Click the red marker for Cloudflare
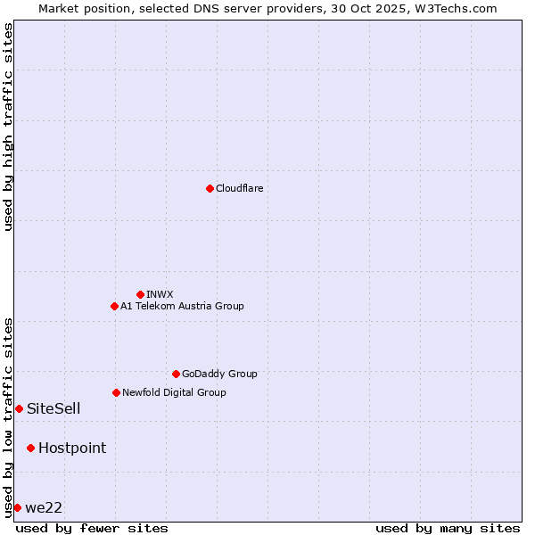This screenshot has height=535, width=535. click(x=210, y=188)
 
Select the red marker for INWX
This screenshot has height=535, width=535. click(x=140, y=294)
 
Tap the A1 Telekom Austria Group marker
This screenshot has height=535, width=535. click(x=114, y=306)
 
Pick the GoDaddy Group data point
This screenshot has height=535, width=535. click(x=176, y=374)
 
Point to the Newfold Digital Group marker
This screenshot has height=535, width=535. click(x=116, y=392)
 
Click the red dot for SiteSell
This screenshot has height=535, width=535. click(x=19, y=408)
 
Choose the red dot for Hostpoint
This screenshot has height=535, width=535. click(x=30, y=448)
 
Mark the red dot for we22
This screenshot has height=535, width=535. click(x=17, y=507)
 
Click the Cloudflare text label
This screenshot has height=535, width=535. click(x=240, y=188)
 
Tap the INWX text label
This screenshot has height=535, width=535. click(x=160, y=294)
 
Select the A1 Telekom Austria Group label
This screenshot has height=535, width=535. click(x=182, y=306)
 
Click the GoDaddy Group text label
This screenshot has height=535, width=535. click(x=219, y=374)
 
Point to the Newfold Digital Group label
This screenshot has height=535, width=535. click(x=174, y=392)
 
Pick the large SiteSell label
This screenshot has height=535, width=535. click(x=53, y=409)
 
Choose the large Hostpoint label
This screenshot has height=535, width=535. click(x=72, y=449)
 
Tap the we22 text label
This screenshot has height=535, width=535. click(x=44, y=508)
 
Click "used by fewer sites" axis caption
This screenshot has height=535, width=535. click(x=92, y=528)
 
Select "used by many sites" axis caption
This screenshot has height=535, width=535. click(x=448, y=528)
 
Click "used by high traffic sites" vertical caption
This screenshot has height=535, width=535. click(x=8, y=127)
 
